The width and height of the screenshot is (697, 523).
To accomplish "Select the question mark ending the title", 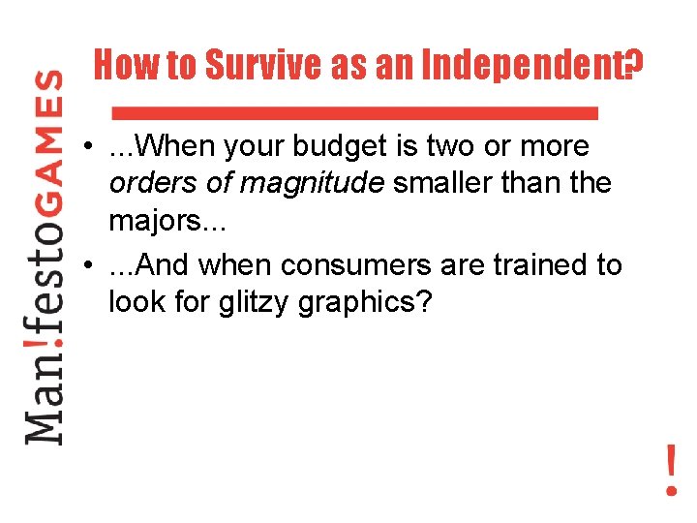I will point(633,67).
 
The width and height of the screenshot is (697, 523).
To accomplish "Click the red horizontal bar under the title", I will point(355,112).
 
